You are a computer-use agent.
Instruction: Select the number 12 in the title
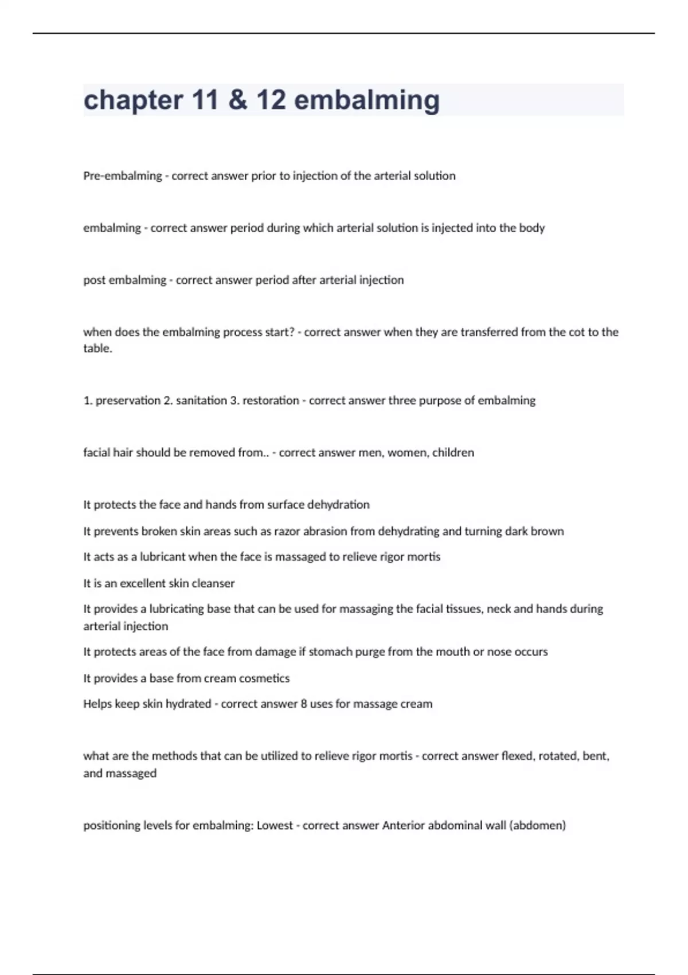tap(271, 100)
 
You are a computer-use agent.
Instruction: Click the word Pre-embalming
tap(123, 176)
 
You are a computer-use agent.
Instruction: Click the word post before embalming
tap(95, 280)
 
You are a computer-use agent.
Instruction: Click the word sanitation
tap(201, 400)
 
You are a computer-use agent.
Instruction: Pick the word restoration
tap(271, 400)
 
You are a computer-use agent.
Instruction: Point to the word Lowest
tap(275, 825)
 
